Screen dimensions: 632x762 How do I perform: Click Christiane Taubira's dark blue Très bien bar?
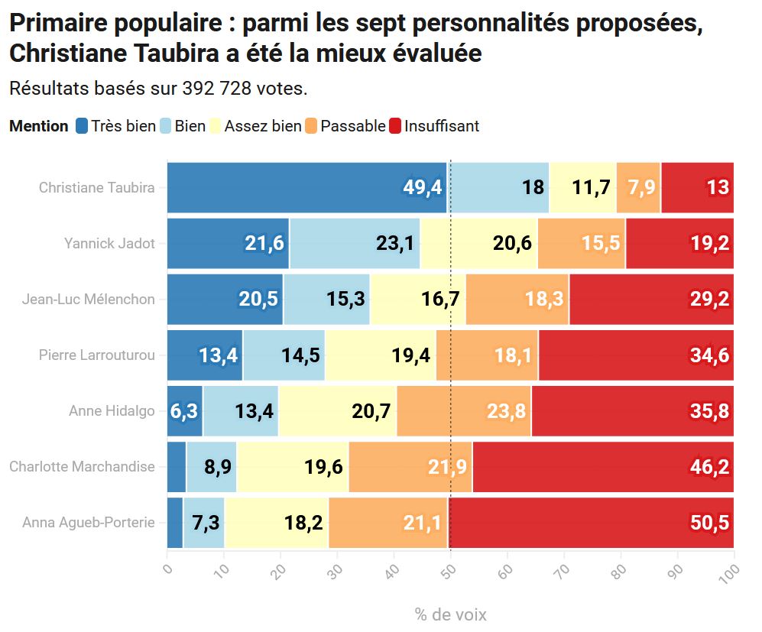pyautogui.click(x=306, y=187)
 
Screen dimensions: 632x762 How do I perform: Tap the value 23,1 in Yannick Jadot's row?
pyautogui.click(x=395, y=243)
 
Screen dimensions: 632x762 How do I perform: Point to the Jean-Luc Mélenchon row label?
pyautogui.click(x=89, y=299)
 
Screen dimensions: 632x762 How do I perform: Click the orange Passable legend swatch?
pyautogui.click(x=311, y=126)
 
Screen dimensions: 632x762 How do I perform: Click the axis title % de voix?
pyautogui.click(x=450, y=614)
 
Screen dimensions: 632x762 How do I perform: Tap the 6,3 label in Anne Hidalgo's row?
pyautogui.click(x=183, y=411)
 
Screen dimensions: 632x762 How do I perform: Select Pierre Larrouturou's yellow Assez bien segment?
pyautogui.click(x=381, y=355)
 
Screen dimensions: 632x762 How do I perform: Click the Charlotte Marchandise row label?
pyautogui.click(x=82, y=466)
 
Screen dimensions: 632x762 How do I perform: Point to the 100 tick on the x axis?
pyautogui.click(x=732, y=572)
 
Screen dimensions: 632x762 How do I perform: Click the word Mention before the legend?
pyautogui.click(x=39, y=126)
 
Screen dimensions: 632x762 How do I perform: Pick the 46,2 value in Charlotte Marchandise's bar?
pyautogui.click(x=709, y=467)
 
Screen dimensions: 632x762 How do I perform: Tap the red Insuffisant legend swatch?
pyautogui.click(x=395, y=126)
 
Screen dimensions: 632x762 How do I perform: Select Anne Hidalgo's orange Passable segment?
pyautogui.click(x=464, y=411)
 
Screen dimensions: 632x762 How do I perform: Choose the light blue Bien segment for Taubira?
pyautogui.click(x=498, y=187)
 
